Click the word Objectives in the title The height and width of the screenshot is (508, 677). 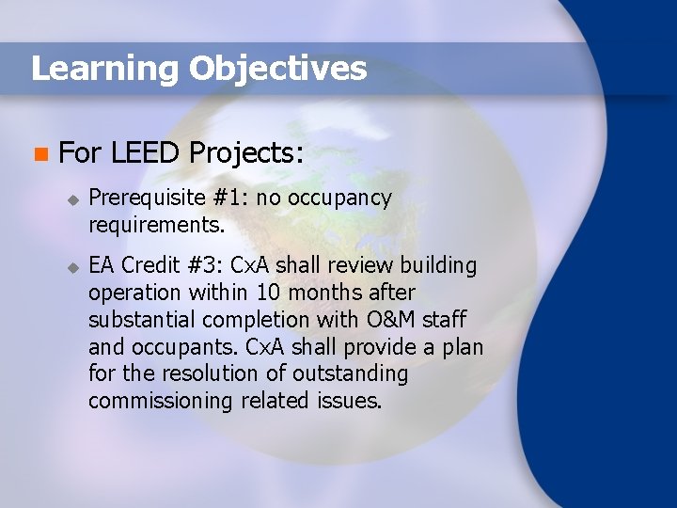click(x=277, y=69)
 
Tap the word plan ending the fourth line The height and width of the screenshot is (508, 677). click(x=462, y=347)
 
